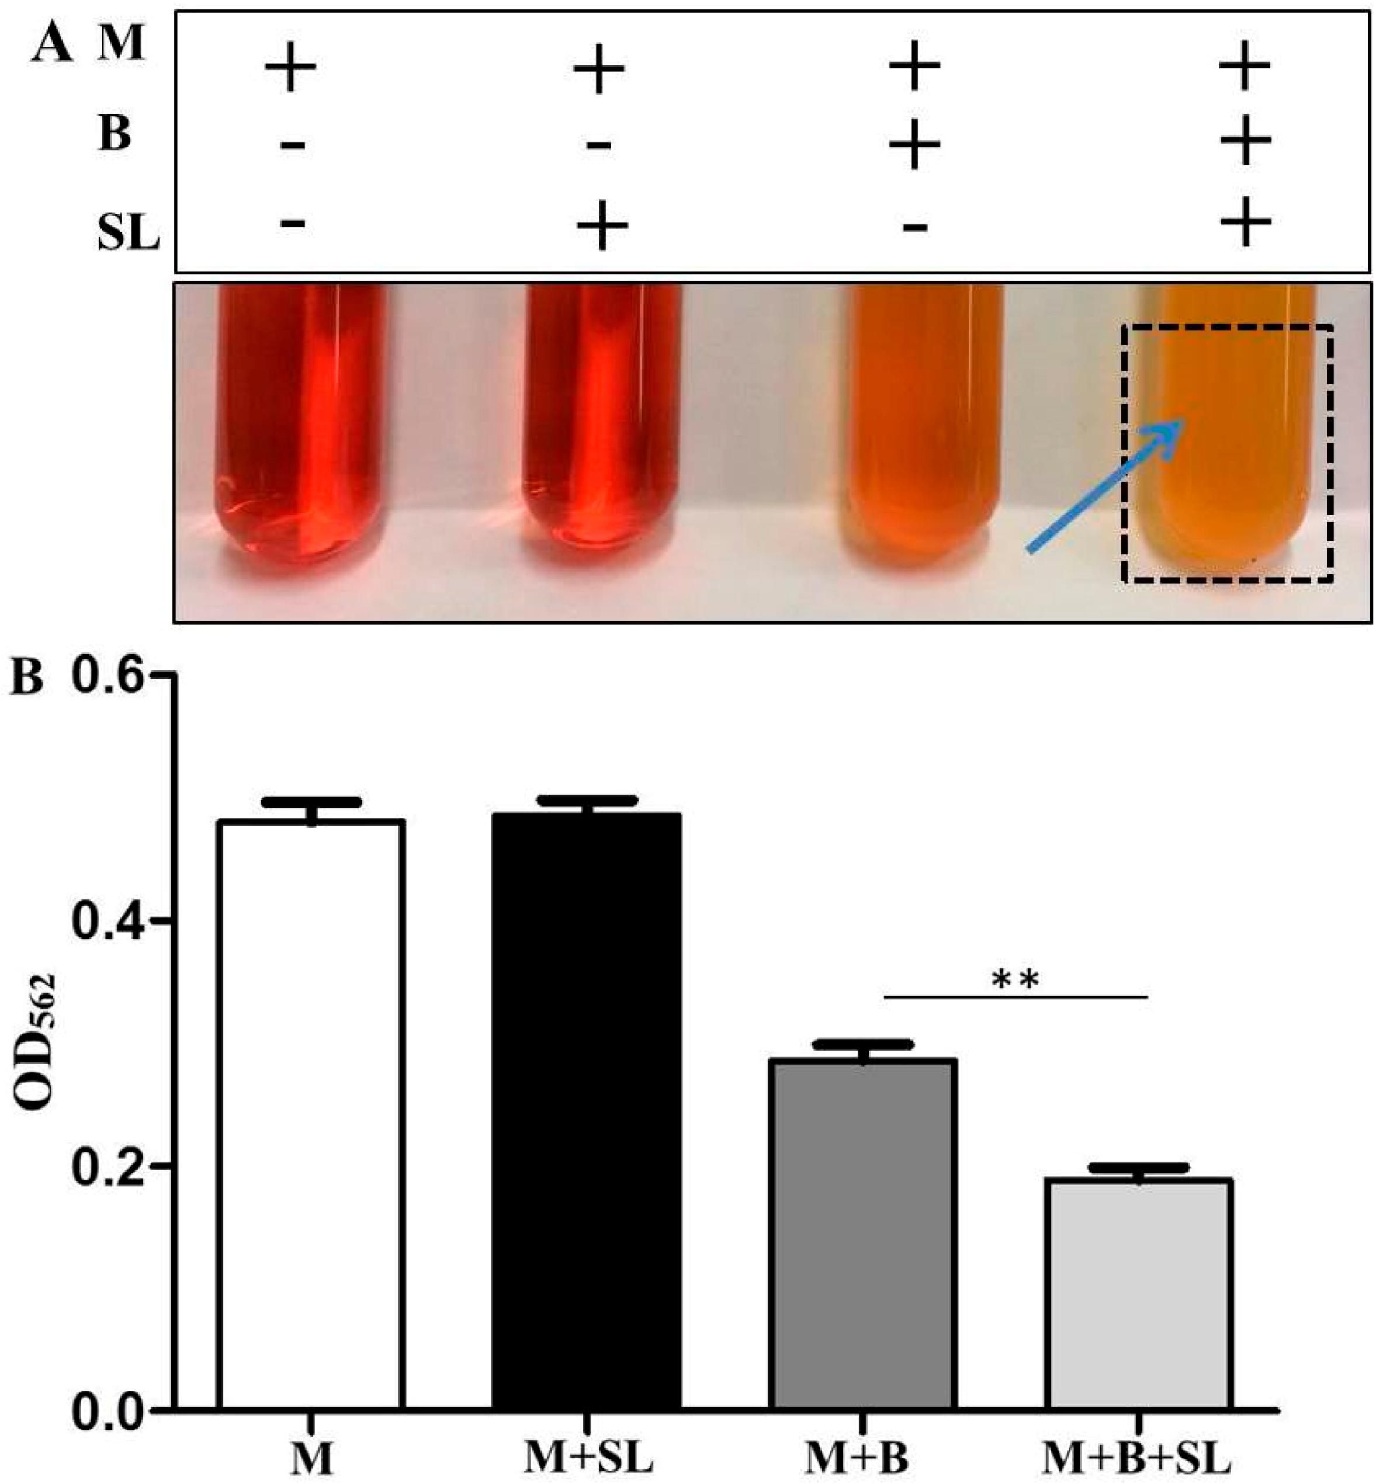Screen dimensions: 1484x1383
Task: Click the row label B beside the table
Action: coord(115,135)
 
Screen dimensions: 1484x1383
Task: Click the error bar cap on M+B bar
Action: coord(862,1044)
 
